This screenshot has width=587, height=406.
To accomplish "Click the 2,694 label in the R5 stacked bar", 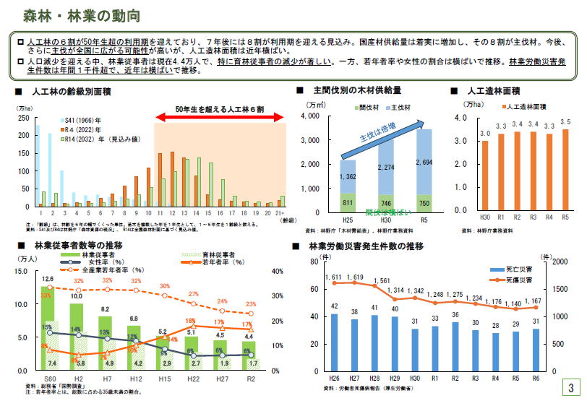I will (x=424, y=163).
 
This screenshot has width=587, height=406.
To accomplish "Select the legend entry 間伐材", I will (x=361, y=107).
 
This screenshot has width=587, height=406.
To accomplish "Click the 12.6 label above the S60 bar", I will (x=48, y=279).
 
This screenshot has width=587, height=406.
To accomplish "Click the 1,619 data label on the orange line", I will (x=354, y=277).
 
